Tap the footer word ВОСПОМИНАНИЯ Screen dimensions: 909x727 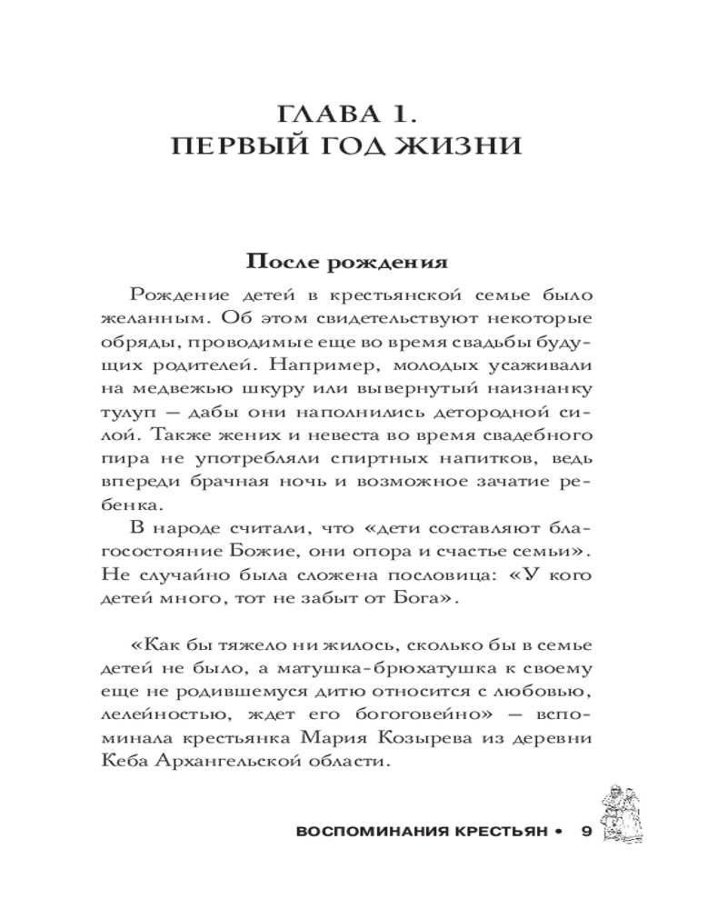point(357,832)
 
